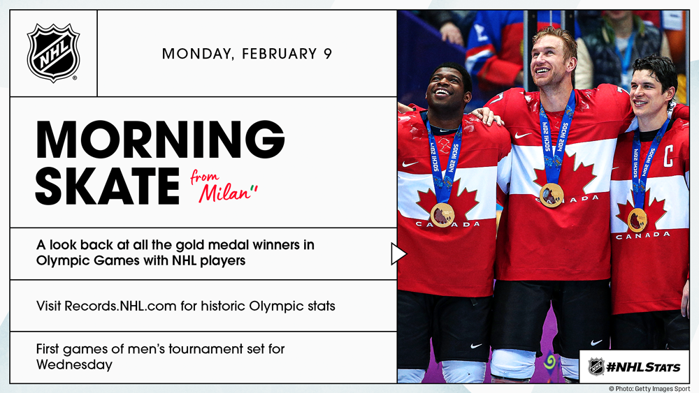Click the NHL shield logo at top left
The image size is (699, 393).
point(54,53)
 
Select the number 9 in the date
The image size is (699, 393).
point(328,54)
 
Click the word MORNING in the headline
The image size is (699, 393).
point(160,140)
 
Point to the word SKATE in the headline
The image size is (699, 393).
point(108,186)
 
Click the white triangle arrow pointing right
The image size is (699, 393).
point(398,254)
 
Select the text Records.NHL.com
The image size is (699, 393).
point(120,306)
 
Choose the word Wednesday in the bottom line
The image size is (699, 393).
point(75,364)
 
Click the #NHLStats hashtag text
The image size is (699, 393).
point(643,367)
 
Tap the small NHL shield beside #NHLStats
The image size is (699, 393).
point(596,366)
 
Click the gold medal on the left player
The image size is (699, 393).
point(442,215)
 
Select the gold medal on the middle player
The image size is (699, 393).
point(552,195)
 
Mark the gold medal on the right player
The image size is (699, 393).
point(637,219)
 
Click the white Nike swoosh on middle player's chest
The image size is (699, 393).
point(522,135)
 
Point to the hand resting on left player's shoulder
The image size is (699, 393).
point(488,116)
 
